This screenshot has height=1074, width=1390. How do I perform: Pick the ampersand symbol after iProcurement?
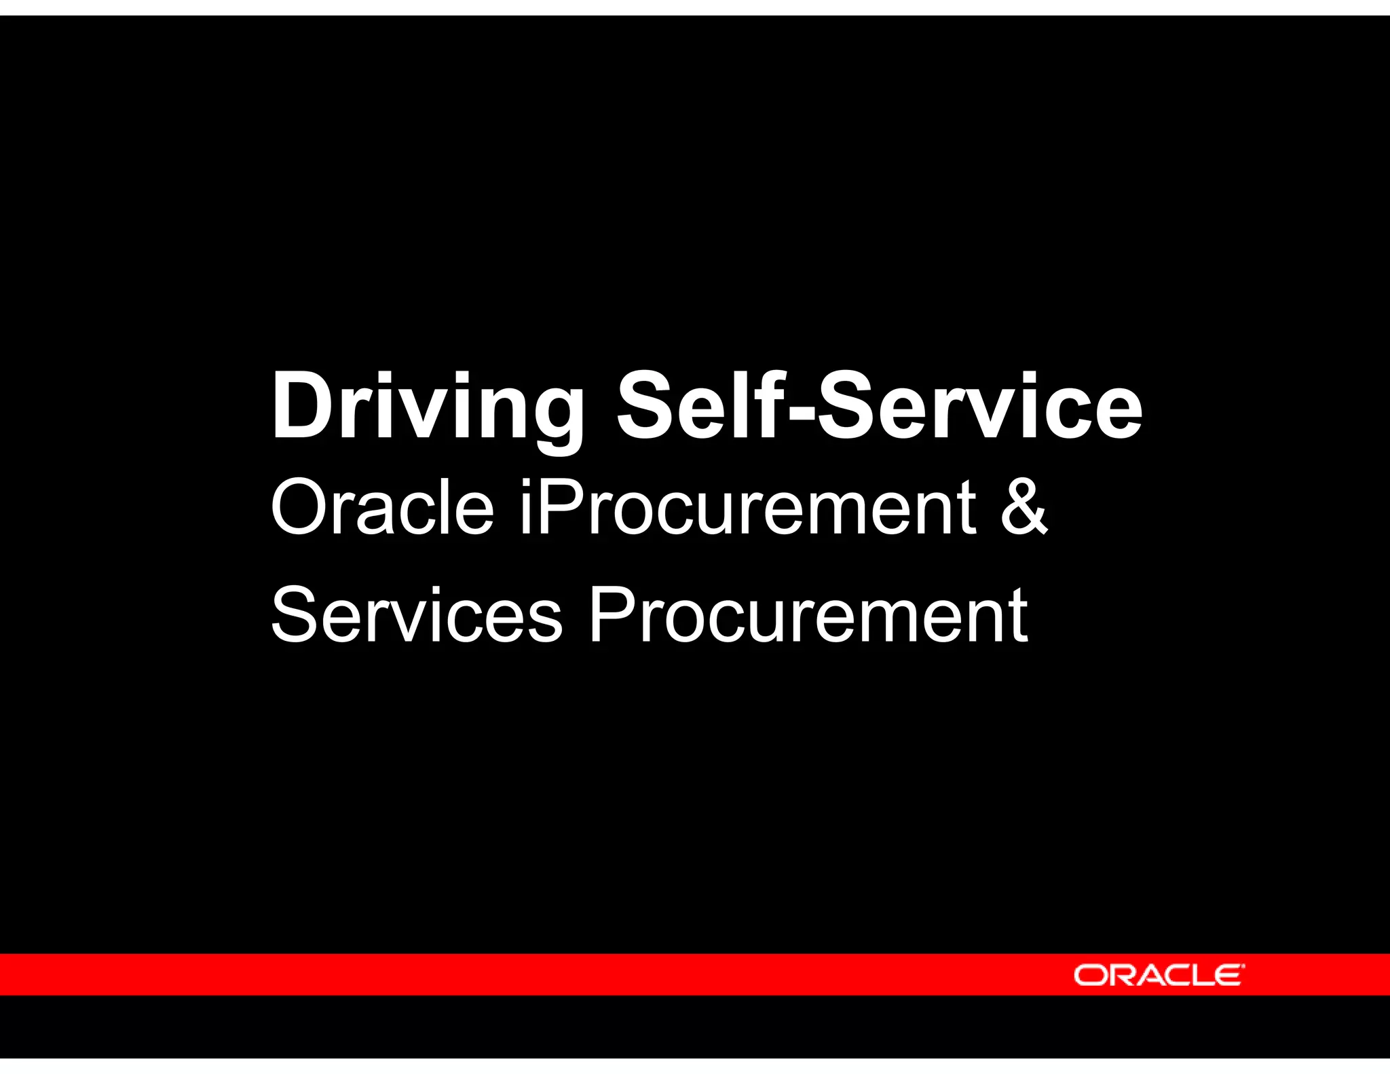pyautogui.click(x=1024, y=506)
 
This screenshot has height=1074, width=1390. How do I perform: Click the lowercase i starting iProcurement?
pyautogui.click(x=527, y=505)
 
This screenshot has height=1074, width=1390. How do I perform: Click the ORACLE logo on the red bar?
pyautogui.click(x=1159, y=975)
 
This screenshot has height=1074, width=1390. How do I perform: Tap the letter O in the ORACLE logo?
pyautogui.click(x=1089, y=975)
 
